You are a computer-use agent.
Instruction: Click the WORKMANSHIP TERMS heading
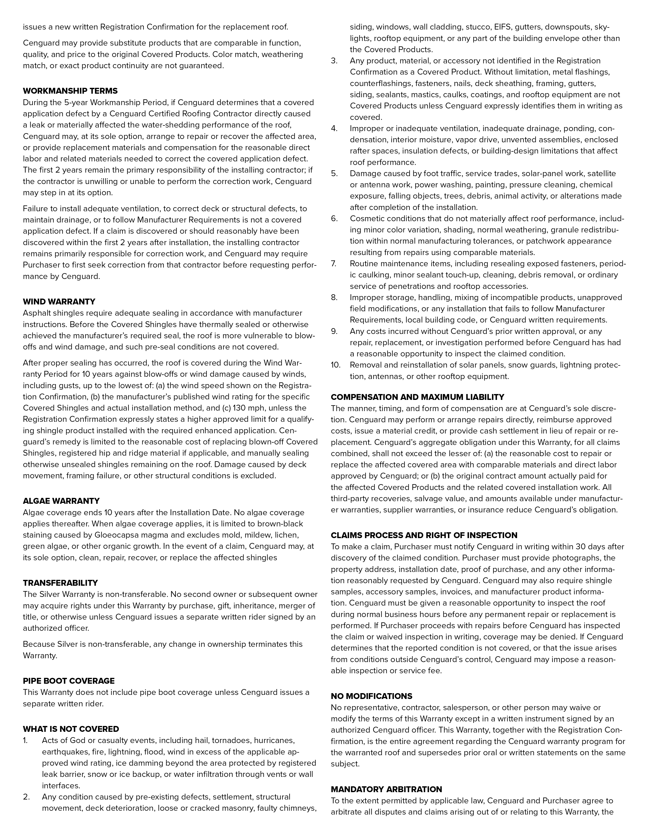pyautogui.click(x=70, y=91)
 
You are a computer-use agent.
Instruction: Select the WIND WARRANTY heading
pyautogui.click(x=59, y=302)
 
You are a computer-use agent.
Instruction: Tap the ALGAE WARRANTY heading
pyautogui.click(x=61, y=501)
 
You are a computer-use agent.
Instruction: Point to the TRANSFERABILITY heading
pyautogui.click(x=60, y=583)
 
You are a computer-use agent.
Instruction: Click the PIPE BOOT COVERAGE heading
pyautogui.click(x=69, y=681)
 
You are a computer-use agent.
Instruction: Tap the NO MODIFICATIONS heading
pyautogui.click(x=371, y=696)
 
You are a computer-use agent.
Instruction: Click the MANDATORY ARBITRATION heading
pyautogui.click(x=386, y=789)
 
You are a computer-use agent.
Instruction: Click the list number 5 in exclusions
pyautogui.click(x=334, y=173)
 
